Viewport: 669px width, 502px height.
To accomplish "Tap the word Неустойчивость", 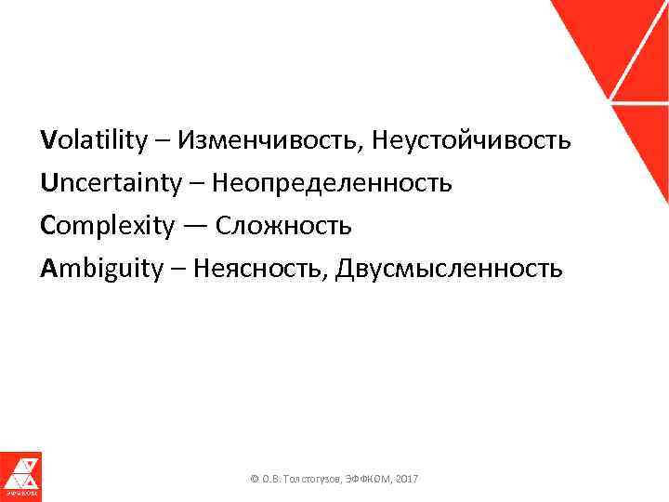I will tap(471, 141).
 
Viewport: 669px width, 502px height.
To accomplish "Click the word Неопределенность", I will tap(333, 183).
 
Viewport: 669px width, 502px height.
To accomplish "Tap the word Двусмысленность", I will tap(449, 269).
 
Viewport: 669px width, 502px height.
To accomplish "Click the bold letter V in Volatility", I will tap(47, 141).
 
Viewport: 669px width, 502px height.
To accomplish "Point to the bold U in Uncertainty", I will tap(48, 183).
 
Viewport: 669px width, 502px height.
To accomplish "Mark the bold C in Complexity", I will tap(47, 226).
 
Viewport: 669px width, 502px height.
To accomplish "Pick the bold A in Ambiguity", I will tap(48, 269).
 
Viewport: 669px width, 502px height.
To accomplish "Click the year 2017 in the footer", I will tap(406, 478).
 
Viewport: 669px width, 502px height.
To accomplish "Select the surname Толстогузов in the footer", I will tap(312, 478).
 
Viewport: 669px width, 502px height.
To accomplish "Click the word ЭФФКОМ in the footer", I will tap(369, 478).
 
